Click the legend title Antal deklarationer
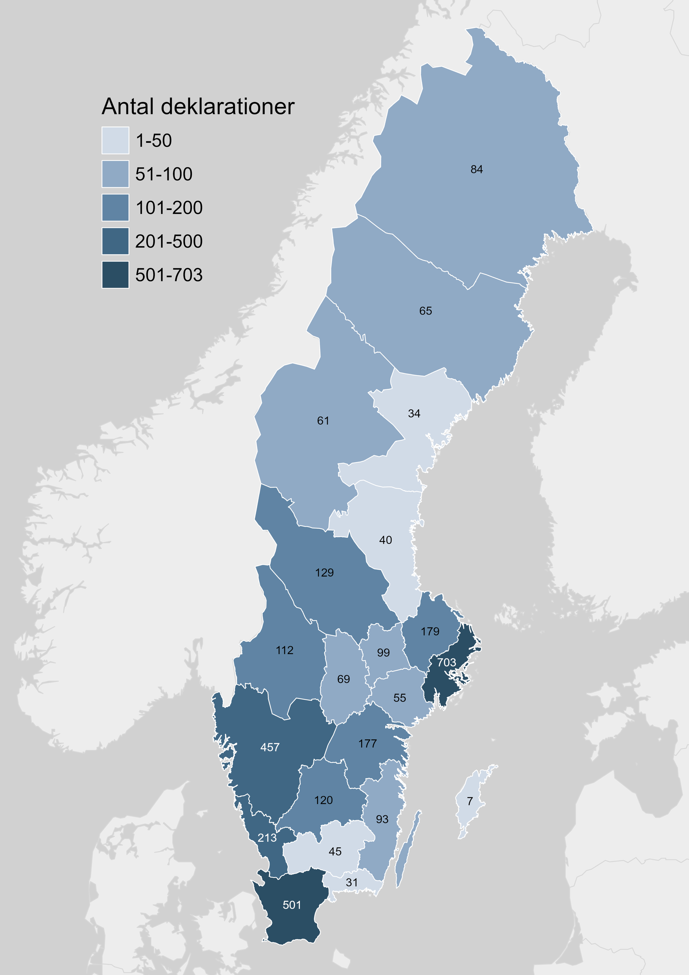pyautogui.click(x=198, y=106)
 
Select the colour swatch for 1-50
pyautogui.click(x=115, y=140)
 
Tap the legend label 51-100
pyautogui.click(x=164, y=174)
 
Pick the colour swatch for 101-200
pyautogui.click(x=115, y=208)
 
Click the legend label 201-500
pyautogui.click(x=169, y=241)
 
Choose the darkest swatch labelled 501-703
pyautogui.click(x=115, y=275)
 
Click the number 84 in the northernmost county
pyautogui.click(x=476, y=169)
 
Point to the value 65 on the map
pyautogui.click(x=426, y=311)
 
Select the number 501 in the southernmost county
pyautogui.click(x=292, y=905)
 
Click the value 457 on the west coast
pyautogui.click(x=270, y=747)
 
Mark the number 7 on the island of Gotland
pyautogui.click(x=470, y=801)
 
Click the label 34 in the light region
pyautogui.click(x=414, y=414)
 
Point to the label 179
pyautogui.click(x=430, y=631)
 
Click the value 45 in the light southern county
pyautogui.click(x=335, y=852)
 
